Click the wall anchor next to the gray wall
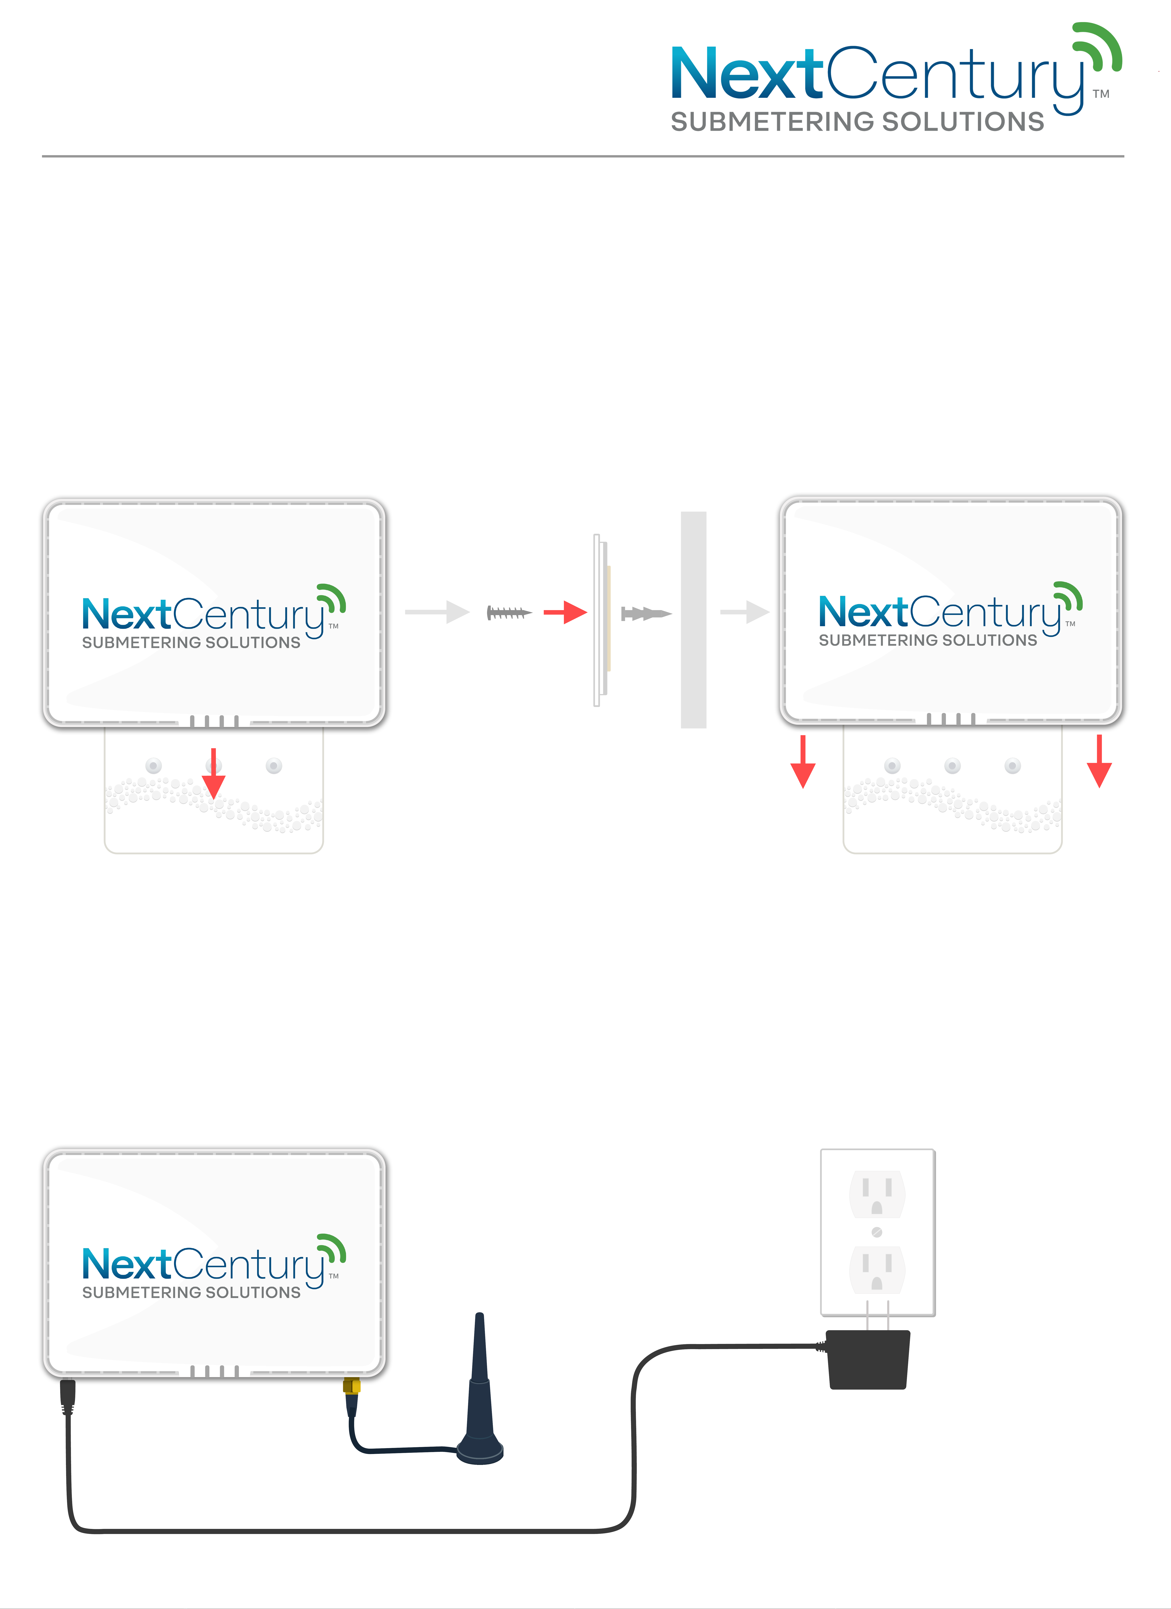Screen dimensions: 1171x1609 [x=645, y=614]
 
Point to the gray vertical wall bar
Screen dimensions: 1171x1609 [x=694, y=619]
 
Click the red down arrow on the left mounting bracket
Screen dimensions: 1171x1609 [x=214, y=773]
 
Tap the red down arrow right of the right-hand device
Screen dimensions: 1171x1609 [x=1099, y=761]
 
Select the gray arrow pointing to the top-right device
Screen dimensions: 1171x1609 [x=745, y=612]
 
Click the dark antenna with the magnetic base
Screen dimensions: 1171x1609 [x=480, y=1391]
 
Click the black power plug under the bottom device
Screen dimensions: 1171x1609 [x=67, y=1396]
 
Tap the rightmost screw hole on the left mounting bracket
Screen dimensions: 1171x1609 [x=274, y=765]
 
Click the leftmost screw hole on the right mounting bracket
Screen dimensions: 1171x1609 [x=892, y=765]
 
